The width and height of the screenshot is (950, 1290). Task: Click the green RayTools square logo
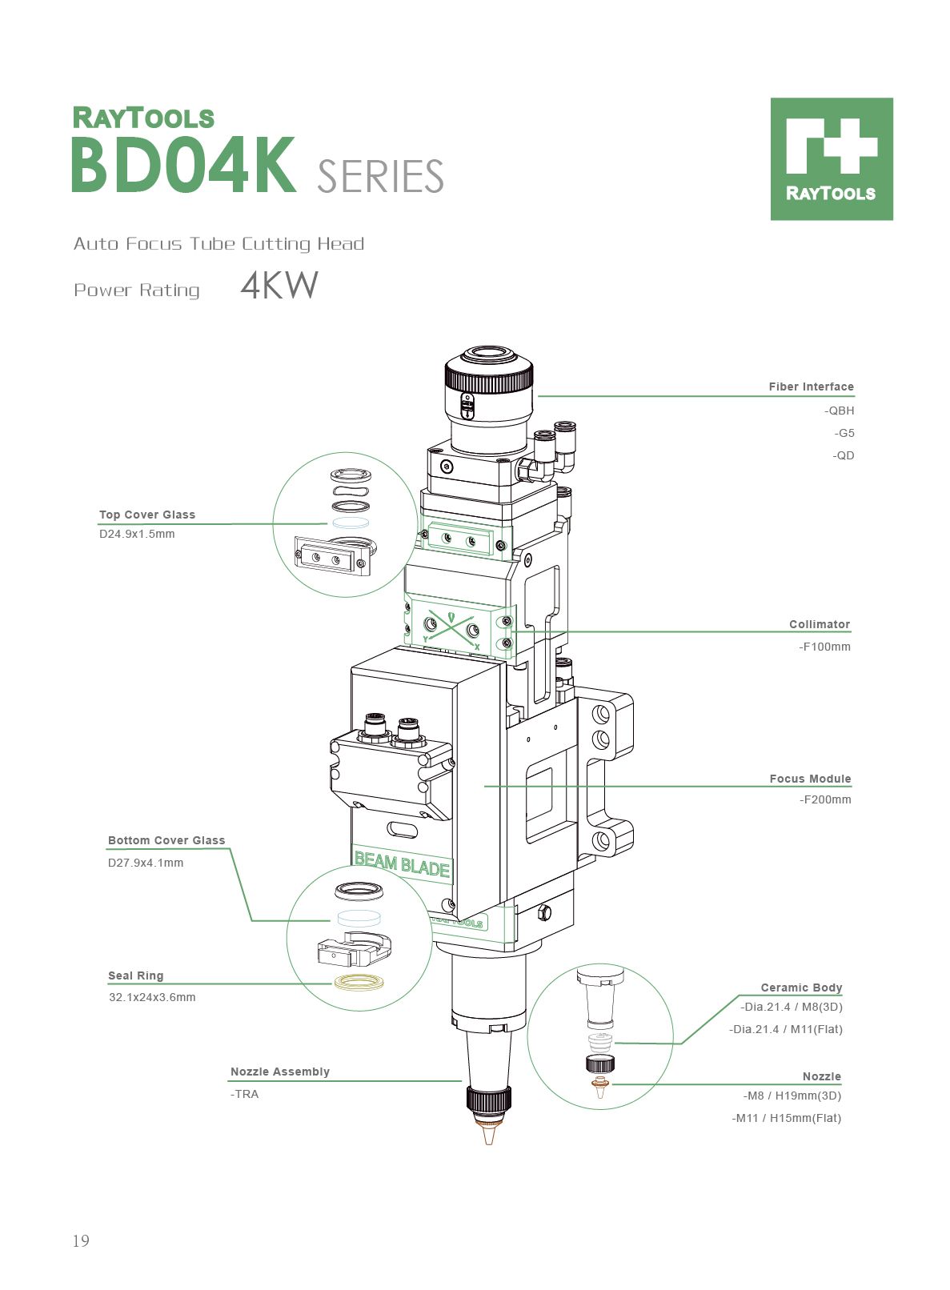click(x=831, y=158)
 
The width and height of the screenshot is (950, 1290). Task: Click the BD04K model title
click(x=183, y=166)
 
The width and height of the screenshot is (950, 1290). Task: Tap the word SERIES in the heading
click(x=380, y=177)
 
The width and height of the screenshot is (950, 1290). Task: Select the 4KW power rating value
click(x=279, y=286)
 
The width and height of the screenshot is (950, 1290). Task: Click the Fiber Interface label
click(x=811, y=387)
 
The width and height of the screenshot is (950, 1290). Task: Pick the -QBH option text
click(x=839, y=411)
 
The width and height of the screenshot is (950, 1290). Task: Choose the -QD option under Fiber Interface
click(x=843, y=455)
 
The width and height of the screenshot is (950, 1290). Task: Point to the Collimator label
click(x=819, y=624)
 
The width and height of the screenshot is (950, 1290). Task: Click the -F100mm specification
click(x=824, y=647)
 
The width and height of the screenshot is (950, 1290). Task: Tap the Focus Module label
click(x=810, y=779)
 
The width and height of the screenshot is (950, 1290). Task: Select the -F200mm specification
click(x=825, y=799)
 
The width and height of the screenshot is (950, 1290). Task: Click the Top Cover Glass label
click(x=147, y=515)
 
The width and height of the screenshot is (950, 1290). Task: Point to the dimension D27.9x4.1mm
click(x=146, y=863)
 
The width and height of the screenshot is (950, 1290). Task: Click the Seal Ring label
click(x=135, y=976)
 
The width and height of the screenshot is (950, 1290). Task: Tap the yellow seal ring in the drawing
click(x=359, y=982)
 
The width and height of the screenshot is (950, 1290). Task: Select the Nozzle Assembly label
click(x=279, y=1072)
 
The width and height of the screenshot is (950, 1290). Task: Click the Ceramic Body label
click(x=801, y=988)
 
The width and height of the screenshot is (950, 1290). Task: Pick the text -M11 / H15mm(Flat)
click(x=786, y=1118)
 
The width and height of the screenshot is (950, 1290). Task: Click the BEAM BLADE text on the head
click(x=402, y=865)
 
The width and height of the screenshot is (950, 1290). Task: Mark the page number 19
click(x=81, y=1241)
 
